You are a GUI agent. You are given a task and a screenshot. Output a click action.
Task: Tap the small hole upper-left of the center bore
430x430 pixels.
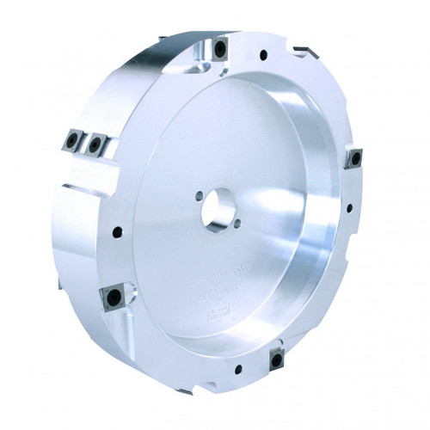click(200, 195)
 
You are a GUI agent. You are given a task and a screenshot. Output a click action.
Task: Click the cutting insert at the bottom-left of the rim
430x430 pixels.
click(113, 298)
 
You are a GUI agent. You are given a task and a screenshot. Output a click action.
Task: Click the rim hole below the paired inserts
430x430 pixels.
click(117, 231)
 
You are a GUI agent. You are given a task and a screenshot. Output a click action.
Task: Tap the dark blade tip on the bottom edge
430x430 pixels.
click(184, 391)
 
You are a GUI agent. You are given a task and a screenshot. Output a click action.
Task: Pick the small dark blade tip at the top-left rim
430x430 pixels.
click(162, 38)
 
